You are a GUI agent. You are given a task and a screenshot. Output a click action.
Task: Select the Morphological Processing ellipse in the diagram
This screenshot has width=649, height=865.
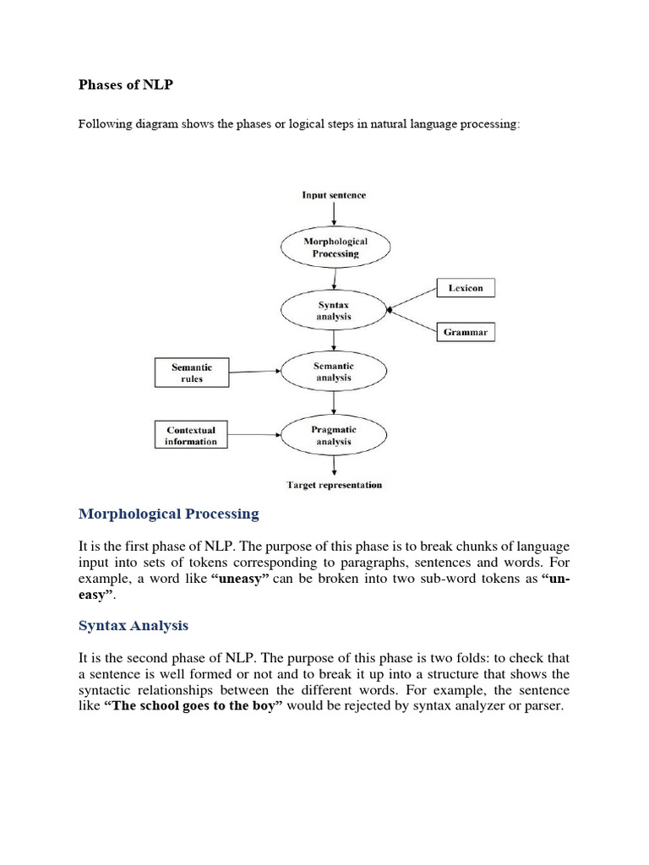coord(335,247)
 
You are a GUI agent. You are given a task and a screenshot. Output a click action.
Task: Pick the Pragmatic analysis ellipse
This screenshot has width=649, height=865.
coord(335,435)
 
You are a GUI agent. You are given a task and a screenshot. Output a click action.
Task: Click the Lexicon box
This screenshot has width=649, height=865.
coord(466,288)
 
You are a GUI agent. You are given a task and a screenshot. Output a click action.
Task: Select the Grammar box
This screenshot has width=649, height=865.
coord(466,333)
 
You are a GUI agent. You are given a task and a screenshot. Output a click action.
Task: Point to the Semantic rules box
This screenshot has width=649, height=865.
coord(192,373)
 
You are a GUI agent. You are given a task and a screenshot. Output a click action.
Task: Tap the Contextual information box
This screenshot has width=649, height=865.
coord(192,435)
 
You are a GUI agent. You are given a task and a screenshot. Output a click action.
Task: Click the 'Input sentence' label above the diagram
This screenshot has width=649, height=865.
coord(335,195)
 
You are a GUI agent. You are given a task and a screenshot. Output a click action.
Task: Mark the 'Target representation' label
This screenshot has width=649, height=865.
coord(335,485)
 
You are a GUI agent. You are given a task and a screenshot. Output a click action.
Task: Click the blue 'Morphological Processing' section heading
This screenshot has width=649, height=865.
coord(169,514)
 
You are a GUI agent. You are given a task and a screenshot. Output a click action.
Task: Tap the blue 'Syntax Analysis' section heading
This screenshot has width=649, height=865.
coord(134,626)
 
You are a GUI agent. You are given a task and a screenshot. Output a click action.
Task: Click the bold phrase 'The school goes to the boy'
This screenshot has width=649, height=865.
coord(194,705)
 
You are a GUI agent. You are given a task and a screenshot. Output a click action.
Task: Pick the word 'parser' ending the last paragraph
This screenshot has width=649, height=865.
coord(543,705)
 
